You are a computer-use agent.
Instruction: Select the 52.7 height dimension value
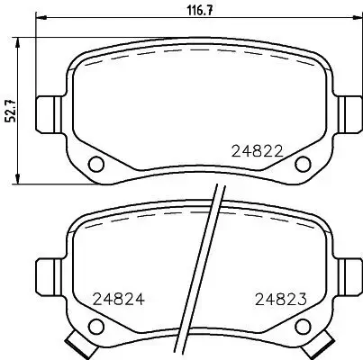8,111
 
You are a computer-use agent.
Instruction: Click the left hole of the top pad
95,164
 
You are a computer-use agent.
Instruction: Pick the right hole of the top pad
304,164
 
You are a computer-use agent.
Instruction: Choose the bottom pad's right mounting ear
350,274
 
